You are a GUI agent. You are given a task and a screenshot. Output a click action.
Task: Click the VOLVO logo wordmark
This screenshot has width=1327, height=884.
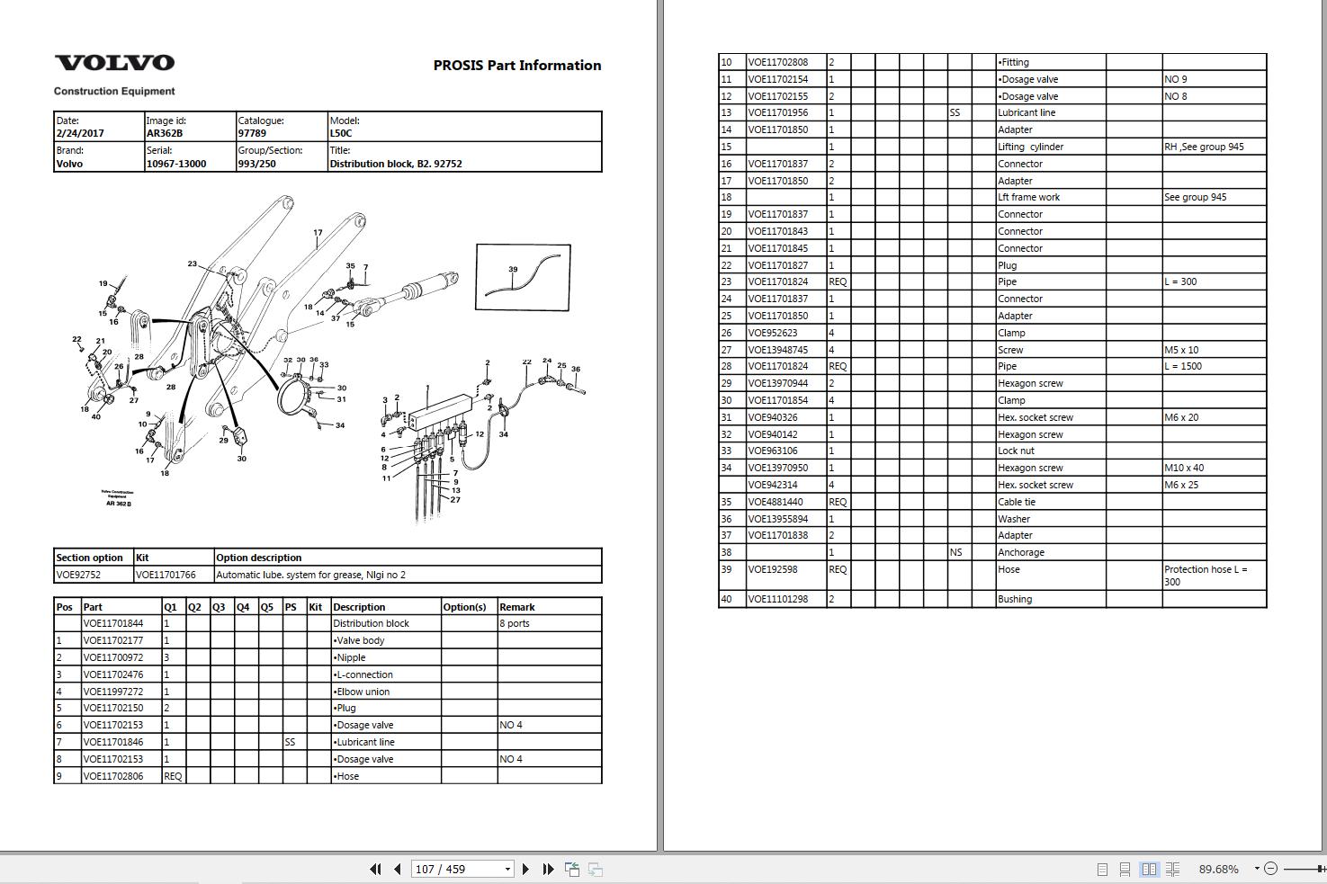115,63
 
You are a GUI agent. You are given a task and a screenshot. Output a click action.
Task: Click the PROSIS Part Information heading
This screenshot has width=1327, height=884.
517,65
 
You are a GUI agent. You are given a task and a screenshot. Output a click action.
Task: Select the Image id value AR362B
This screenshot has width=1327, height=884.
165,133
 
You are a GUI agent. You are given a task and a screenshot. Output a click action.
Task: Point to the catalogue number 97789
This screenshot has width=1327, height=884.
252,133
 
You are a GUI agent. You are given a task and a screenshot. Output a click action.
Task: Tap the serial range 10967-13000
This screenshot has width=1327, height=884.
176,164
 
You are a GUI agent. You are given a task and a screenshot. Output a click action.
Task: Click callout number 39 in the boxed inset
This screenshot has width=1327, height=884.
513,269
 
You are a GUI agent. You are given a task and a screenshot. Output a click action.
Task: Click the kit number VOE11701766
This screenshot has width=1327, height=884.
166,575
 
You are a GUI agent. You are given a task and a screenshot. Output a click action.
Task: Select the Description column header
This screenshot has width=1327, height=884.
359,607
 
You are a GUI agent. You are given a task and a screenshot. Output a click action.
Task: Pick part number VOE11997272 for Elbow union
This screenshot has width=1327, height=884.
113,692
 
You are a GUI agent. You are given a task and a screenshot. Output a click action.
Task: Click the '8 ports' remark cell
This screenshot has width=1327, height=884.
515,623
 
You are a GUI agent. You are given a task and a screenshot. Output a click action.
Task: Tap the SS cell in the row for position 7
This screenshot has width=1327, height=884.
290,742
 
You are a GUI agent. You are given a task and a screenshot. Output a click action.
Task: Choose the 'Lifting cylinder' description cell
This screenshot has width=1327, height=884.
1030,147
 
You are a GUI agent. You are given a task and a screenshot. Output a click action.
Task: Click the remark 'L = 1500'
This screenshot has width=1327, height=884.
1183,366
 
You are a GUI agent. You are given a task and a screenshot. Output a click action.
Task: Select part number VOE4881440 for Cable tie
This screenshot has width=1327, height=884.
776,502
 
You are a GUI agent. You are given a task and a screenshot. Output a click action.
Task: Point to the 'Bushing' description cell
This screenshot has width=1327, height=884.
1014,599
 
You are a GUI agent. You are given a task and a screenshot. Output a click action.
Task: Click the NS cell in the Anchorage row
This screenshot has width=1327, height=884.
955,552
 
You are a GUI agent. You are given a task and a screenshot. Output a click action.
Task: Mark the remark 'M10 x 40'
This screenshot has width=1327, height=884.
1184,468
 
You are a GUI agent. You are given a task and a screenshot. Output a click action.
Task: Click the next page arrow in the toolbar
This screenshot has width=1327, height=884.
525,870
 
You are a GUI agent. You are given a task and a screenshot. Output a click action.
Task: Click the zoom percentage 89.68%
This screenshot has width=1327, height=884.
1218,870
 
